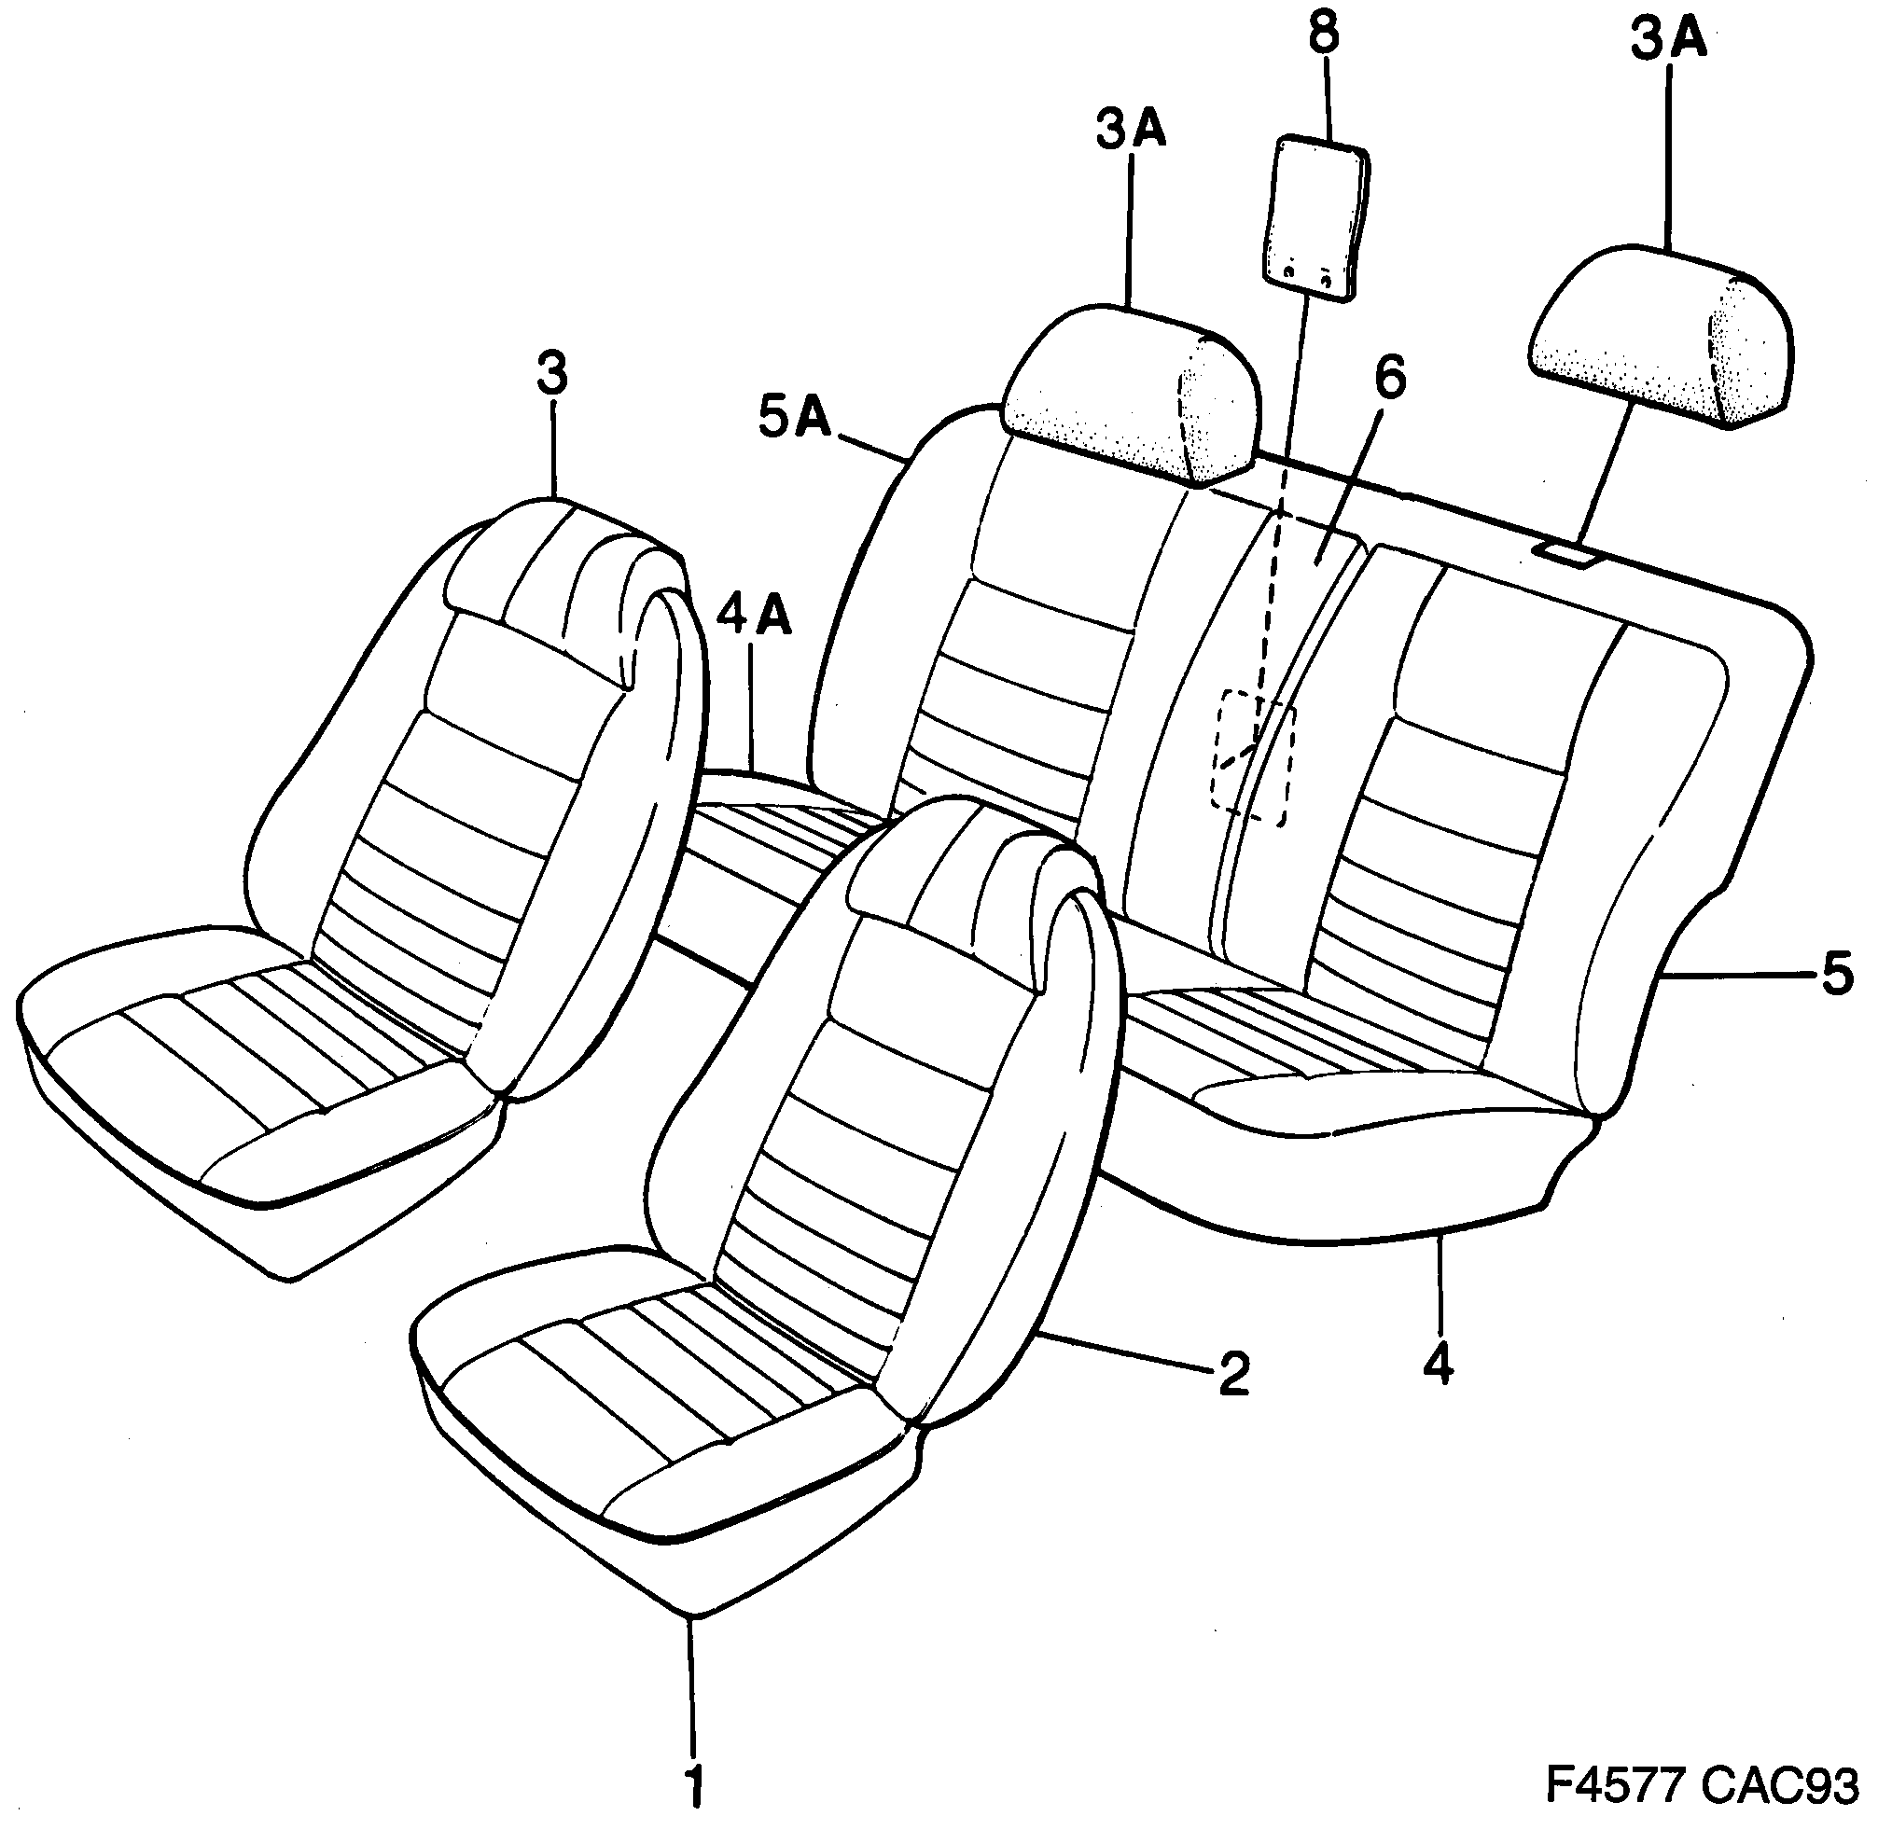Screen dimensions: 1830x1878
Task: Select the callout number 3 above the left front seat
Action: [551, 375]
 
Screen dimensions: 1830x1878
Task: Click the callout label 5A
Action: [794, 420]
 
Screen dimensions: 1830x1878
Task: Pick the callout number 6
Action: [1389, 378]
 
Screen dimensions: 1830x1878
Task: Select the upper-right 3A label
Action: [1668, 41]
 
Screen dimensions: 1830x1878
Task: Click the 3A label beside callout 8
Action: [1132, 131]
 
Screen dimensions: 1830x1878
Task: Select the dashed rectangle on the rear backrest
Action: [1252, 756]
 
